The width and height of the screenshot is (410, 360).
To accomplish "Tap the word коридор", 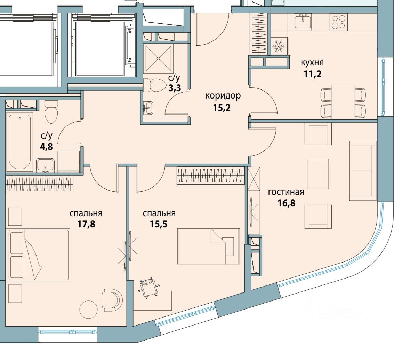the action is (223, 95).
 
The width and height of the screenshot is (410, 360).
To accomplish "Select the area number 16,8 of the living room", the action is (286, 203).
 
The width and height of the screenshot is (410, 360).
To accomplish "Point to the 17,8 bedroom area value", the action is (86, 224).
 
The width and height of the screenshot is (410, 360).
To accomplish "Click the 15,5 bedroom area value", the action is (159, 224).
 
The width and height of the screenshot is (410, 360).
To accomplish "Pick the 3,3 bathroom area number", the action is (175, 88).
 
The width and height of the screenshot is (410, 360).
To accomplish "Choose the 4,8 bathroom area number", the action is (46, 147).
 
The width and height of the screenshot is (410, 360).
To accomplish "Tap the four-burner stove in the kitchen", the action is (338, 22).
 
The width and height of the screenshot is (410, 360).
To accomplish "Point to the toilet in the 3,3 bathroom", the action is (156, 85).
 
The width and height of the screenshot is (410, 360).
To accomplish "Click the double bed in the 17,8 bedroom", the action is (38, 255).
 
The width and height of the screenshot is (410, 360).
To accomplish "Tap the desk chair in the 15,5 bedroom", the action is (148, 288).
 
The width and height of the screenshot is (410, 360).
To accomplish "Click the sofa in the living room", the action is (363, 171).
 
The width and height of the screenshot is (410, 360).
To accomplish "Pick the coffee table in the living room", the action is (318, 174).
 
